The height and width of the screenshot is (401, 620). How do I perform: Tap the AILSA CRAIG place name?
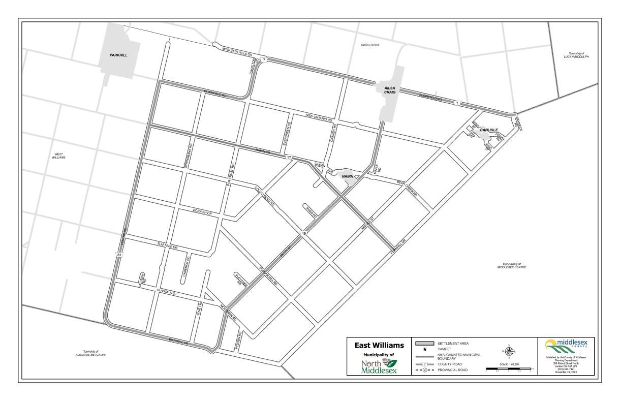(x=389, y=90)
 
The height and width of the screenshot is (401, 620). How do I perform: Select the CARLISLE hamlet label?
(x=489, y=130)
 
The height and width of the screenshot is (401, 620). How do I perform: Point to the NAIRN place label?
(x=347, y=176)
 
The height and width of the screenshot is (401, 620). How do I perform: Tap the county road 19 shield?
(x=303, y=233)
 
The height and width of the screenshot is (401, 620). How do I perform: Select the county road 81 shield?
(x=118, y=254)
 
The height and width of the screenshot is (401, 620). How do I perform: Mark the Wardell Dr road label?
(x=178, y=342)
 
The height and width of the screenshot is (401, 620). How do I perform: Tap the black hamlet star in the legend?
(x=424, y=350)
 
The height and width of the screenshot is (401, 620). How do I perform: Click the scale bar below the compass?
(x=508, y=368)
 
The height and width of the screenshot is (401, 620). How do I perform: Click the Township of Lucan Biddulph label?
(x=576, y=55)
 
